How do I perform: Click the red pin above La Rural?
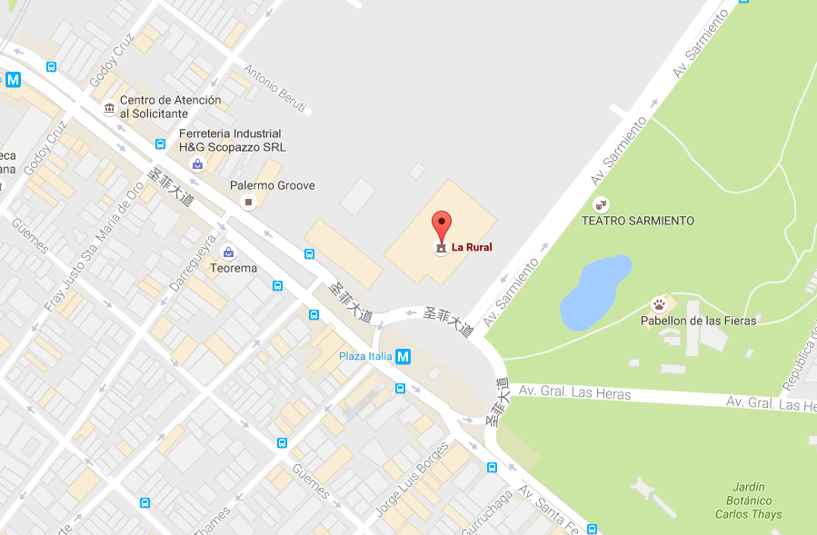[x=441, y=224]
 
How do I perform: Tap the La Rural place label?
[x=472, y=246]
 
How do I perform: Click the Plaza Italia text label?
[x=365, y=355]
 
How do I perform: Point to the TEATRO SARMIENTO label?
[x=638, y=221]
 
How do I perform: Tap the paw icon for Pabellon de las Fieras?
[x=660, y=303]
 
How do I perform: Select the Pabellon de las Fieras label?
[x=699, y=320]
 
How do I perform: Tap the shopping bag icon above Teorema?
[x=228, y=251]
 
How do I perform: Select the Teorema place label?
[x=234, y=268]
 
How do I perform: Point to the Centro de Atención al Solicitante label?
[x=170, y=106]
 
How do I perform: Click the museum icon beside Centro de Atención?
[x=110, y=109]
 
